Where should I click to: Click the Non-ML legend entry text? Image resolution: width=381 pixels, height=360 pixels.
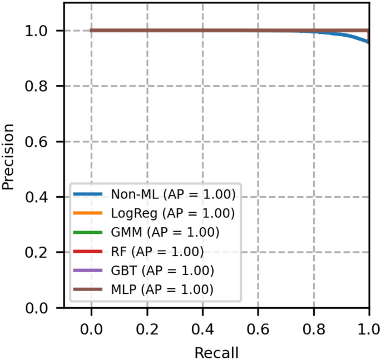(x=173, y=194)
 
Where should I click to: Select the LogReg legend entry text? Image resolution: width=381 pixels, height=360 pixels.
(x=173, y=213)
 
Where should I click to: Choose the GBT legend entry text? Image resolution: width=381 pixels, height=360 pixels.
(x=162, y=270)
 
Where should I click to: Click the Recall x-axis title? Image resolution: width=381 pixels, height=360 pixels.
(x=216, y=352)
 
